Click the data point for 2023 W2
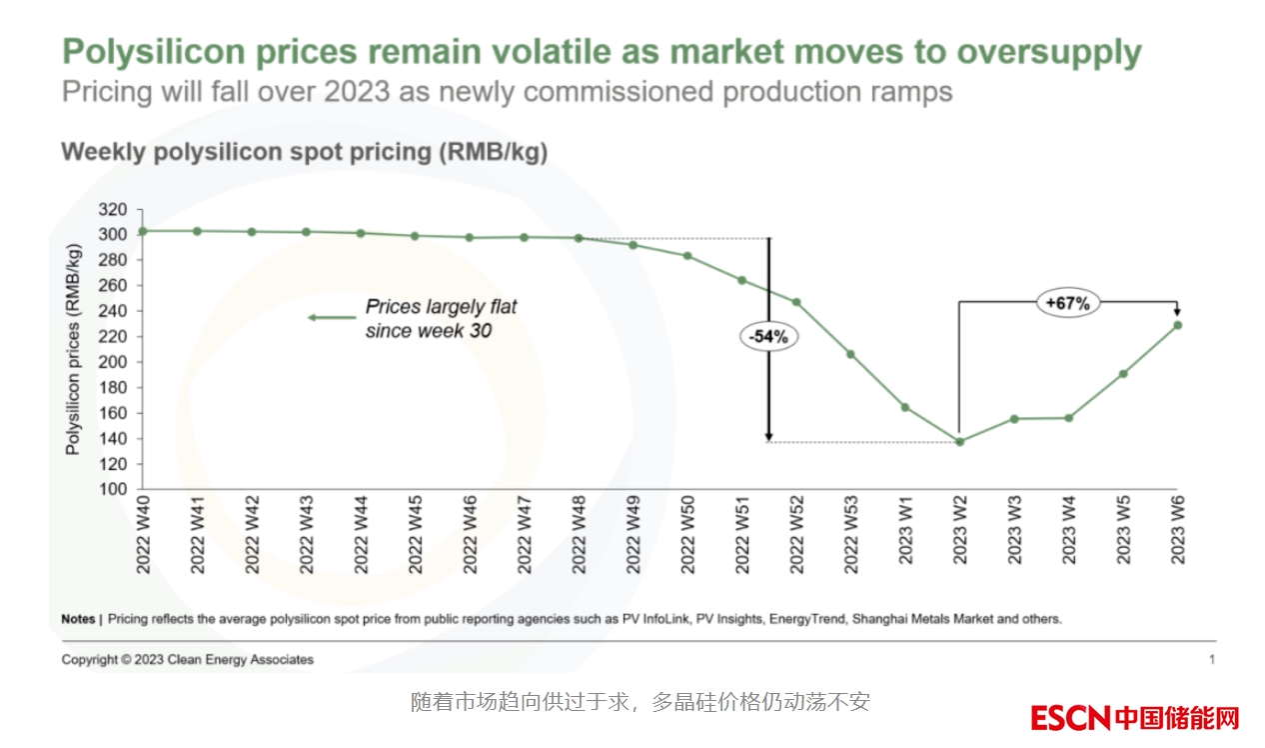click(959, 441)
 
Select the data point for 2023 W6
click(1177, 325)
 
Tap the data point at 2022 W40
click(143, 231)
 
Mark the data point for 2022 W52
click(796, 302)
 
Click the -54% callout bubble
click(768, 337)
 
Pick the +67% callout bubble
click(1067, 303)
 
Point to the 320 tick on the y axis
click(115, 210)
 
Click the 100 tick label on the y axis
click(115, 490)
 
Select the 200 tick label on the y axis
click(115, 362)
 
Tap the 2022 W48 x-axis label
click(579, 536)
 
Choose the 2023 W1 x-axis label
click(905, 536)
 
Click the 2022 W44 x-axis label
click(361, 536)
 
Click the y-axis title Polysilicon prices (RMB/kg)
click(73, 350)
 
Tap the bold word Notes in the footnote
click(78, 619)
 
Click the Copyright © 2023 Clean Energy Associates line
click(188, 660)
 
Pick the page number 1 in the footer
click(1212, 660)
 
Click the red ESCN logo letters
click(1070, 718)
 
